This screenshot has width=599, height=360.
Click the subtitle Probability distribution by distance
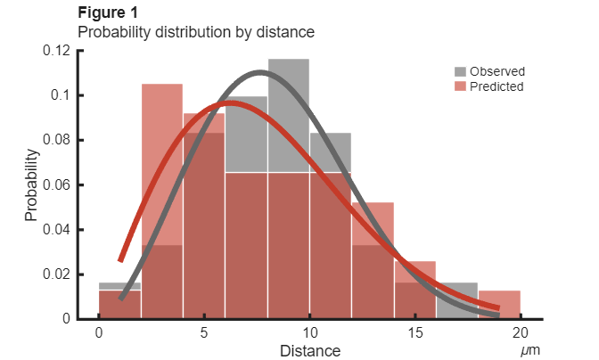(197, 32)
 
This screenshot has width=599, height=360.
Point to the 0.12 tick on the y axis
(56, 51)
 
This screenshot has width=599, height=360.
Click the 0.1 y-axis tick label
(62, 95)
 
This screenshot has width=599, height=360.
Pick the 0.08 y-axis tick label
(56, 140)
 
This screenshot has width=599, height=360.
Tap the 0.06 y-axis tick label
(56, 184)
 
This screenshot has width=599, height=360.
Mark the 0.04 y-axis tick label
(56, 229)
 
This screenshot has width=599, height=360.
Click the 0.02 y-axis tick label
(56, 274)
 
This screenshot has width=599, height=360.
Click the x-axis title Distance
(309, 351)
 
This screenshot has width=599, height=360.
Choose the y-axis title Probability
(31, 184)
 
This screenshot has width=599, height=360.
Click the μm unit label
(530, 350)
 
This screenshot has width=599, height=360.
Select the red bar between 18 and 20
(499, 304)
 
